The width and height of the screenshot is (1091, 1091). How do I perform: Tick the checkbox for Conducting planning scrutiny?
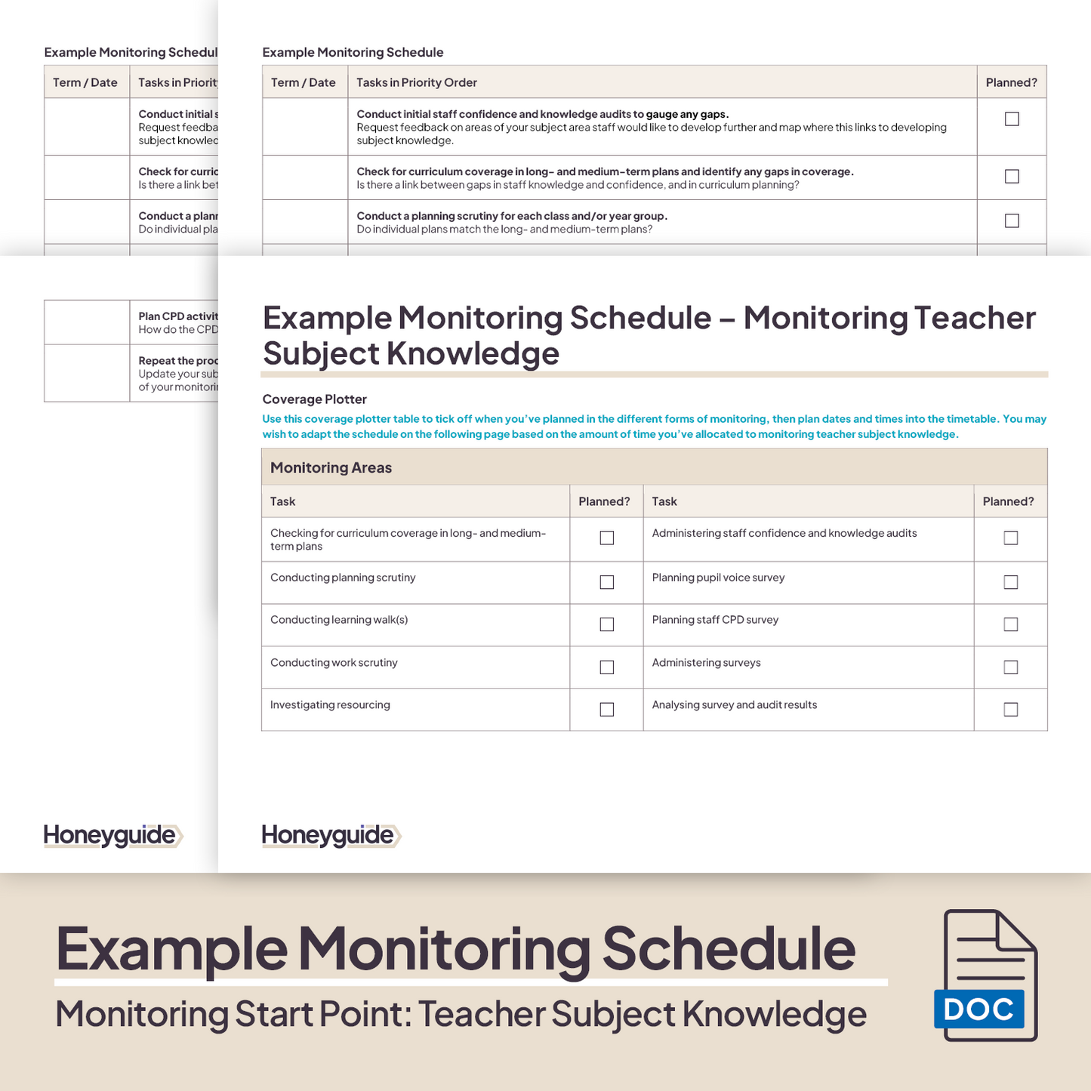tap(606, 582)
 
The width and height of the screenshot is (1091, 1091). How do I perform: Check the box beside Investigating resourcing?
tap(606, 710)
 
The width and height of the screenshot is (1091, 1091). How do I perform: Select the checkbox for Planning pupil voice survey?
tap(1010, 582)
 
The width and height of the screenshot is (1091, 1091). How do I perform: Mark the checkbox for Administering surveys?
tap(1010, 667)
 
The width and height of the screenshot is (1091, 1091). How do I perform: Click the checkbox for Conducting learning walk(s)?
tap(606, 624)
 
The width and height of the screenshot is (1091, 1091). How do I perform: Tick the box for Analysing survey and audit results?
tap(1010, 710)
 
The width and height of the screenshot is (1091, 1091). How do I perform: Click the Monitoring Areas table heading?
tap(331, 467)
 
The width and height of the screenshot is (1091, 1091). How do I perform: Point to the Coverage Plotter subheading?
tap(314, 399)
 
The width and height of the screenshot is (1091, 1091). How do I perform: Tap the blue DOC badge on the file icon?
tap(979, 1009)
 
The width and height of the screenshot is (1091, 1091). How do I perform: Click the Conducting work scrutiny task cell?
tap(334, 663)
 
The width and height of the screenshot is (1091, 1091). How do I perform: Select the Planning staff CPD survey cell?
tap(715, 620)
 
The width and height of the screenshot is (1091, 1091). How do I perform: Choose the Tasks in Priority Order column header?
tap(417, 82)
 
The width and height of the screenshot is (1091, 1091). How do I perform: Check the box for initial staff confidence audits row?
tap(1012, 119)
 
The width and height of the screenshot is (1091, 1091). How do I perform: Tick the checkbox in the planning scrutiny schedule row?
tap(1012, 221)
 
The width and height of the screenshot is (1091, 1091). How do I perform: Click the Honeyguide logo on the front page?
tap(329, 836)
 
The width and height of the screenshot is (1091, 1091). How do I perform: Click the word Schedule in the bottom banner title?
tap(728, 949)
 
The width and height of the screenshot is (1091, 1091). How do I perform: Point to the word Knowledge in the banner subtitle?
tap(774, 1014)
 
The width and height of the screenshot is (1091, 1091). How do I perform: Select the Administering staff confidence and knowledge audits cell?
tap(784, 534)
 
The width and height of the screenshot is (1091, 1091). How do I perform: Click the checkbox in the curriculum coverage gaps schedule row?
tap(1012, 177)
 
